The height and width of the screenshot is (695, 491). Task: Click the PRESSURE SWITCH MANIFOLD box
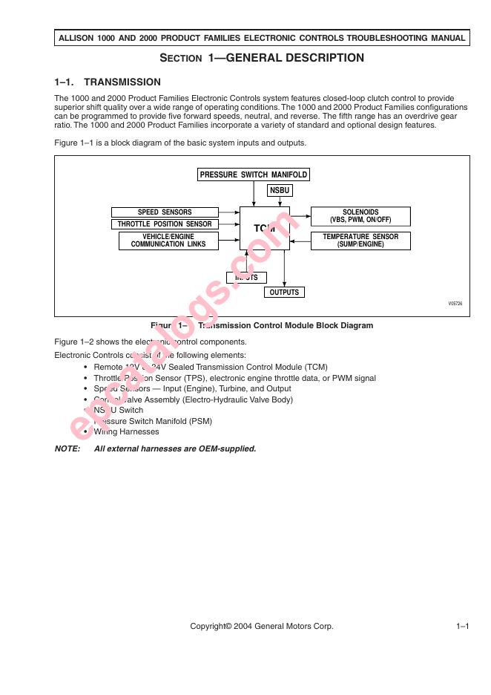coord(254,175)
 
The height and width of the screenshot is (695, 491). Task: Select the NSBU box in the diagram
coord(280,191)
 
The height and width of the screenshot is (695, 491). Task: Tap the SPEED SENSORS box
coord(165,212)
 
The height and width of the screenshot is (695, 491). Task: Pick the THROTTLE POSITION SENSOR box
coord(165,224)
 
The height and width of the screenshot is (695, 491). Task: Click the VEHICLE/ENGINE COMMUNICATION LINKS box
coord(168,241)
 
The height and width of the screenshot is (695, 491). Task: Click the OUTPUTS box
coord(284,293)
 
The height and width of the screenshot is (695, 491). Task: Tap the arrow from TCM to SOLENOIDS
coord(300,217)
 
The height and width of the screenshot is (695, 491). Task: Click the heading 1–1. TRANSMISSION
coord(108,82)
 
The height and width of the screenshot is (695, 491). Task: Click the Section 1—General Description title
coord(262,58)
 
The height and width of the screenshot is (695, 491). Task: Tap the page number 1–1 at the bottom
coord(463,627)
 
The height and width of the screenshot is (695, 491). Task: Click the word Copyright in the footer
coord(211,627)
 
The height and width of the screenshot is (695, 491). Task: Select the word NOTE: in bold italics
coord(68,448)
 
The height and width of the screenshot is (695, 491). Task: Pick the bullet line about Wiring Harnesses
coord(126,431)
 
